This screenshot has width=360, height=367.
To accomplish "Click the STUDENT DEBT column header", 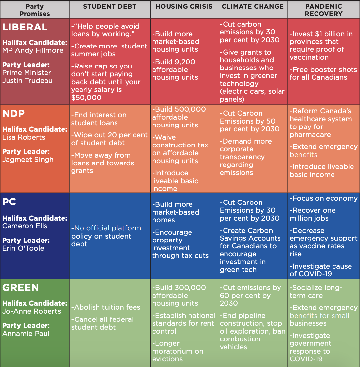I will point(110,7).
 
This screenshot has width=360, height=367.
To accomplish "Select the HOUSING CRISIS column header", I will point(184,7).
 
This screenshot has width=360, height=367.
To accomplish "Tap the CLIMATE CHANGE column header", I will point(253,7).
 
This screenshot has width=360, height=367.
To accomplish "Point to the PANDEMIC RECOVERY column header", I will point(323,10).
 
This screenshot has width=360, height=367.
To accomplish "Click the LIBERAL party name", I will point(25,28).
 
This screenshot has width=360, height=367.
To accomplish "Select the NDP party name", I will point(13,114).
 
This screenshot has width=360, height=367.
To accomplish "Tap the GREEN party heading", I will point(21,288).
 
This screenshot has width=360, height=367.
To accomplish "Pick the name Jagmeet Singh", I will point(28,160).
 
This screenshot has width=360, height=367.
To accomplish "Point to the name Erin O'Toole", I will point(23,248).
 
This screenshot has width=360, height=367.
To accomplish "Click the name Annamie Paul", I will point(26,334).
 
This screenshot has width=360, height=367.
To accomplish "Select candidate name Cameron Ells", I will point(25,226).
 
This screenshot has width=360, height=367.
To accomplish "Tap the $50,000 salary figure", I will point(86,98).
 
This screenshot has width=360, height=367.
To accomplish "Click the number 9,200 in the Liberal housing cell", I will point(184,62).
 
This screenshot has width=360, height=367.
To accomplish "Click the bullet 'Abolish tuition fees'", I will point(106,307).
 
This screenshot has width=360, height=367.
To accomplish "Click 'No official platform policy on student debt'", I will point(106,236).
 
